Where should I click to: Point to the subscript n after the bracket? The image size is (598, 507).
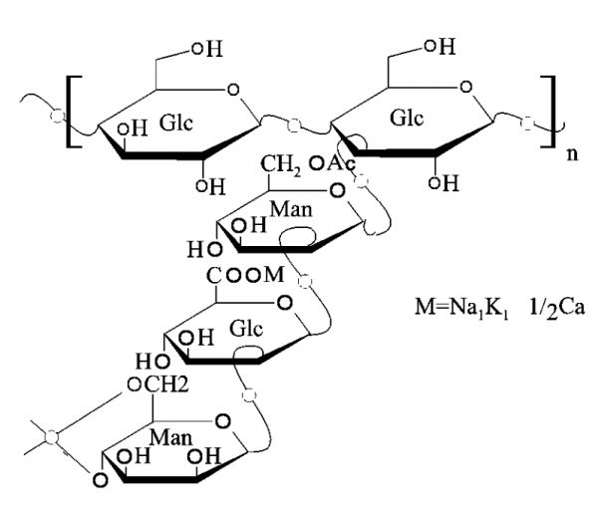(x=572, y=154)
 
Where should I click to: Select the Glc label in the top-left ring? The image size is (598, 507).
(x=176, y=123)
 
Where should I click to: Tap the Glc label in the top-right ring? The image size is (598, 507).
(x=407, y=118)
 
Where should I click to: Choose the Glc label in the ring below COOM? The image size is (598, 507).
(x=246, y=329)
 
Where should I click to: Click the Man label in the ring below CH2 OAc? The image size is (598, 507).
(x=291, y=209)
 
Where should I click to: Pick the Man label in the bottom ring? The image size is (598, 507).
(x=170, y=437)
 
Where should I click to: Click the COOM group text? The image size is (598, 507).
(x=245, y=275)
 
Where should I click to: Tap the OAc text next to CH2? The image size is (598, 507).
(x=332, y=164)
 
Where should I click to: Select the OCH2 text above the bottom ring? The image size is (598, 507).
(x=157, y=384)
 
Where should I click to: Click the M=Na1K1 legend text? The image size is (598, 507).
(x=461, y=307)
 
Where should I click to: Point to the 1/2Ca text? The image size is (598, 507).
(x=556, y=308)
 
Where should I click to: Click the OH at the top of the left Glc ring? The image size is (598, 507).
(x=207, y=49)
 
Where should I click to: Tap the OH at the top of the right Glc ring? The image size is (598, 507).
(x=441, y=47)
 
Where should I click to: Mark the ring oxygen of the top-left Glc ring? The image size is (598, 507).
(x=232, y=90)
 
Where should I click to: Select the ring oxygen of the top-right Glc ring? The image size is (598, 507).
(x=466, y=87)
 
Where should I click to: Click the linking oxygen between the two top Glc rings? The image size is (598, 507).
(x=294, y=125)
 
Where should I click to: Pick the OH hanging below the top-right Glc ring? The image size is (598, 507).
(x=444, y=183)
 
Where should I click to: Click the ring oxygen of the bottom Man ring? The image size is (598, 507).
(x=222, y=421)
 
